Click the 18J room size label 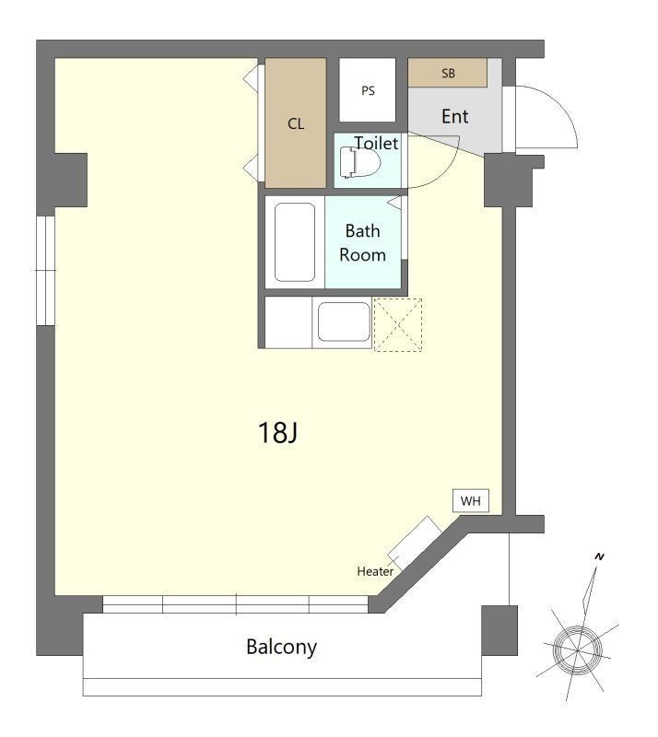pyautogui.click(x=277, y=432)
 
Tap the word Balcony pyautogui.click(x=281, y=648)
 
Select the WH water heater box pyautogui.click(x=471, y=501)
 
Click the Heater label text pyautogui.click(x=375, y=571)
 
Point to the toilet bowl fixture pyautogui.click(x=359, y=163)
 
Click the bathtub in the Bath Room pyautogui.click(x=295, y=242)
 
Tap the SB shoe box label pyautogui.click(x=448, y=74)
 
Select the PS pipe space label pyautogui.click(x=368, y=90)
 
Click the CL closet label pyautogui.click(x=296, y=124)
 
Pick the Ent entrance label pyautogui.click(x=455, y=116)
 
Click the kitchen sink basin pyautogui.click(x=344, y=322)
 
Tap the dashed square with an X pyautogui.click(x=398, y=325)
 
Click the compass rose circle pyautogui.click(x=577, y=650)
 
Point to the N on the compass pyautogui.click(x=599, y=556)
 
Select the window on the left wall pyautogui.click(x=46, y=271)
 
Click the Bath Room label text pyautogui.click(x=362, y=243)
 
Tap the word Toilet pyautogui.click(x=376, y=144)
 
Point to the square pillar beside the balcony pyautogui.click(x=499, y=630)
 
